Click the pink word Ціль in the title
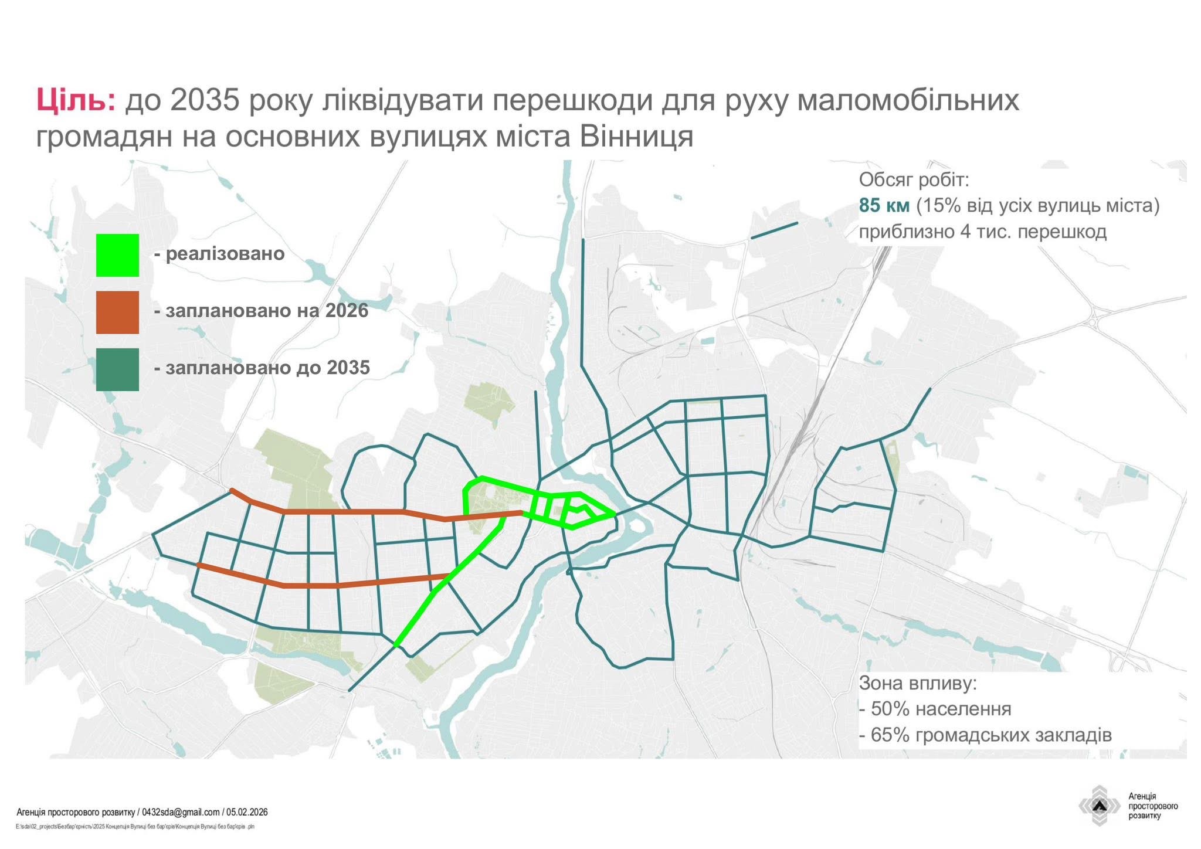(76, 100)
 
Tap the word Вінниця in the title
(637, 137)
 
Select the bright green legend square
(117, 255)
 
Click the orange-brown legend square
(117, 312)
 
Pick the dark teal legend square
(117, 369)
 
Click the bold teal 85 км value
(884, 206)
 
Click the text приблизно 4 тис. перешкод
(983, 232)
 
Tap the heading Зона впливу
(918, 683)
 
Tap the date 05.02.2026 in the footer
(247, 812)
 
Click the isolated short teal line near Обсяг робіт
(774, 230)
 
